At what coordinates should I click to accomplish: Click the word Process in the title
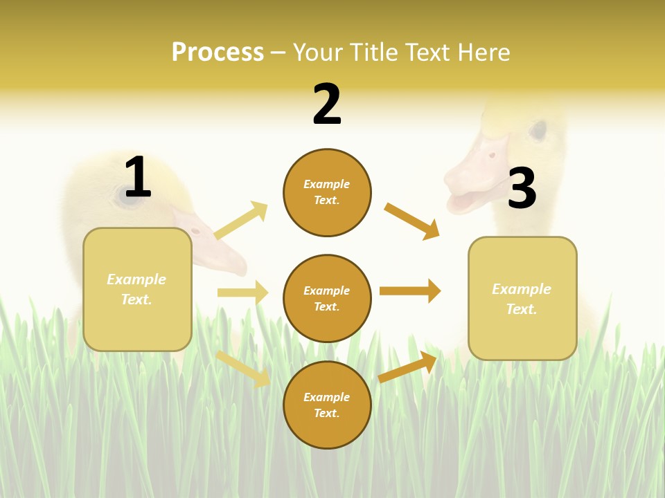(218, 53)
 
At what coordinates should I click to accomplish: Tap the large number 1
(138, 177)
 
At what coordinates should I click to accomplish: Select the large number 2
(327, 104)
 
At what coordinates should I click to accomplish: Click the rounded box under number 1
(137, 289)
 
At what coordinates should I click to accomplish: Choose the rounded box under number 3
(522, 298)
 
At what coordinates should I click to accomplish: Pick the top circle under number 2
(327, 192)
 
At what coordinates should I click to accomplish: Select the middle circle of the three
(327, 298)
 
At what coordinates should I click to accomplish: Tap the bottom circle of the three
(327, 405)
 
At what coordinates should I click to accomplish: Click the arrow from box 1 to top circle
(241, 221)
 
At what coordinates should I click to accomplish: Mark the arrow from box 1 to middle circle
(242, 293)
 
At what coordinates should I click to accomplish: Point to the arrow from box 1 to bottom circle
(243, 369)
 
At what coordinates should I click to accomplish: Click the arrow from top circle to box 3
(411, 221)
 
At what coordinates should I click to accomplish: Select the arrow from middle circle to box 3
(409, 290)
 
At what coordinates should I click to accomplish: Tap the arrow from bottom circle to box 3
(408, 367)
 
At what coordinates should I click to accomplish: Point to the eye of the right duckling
(538, 129)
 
